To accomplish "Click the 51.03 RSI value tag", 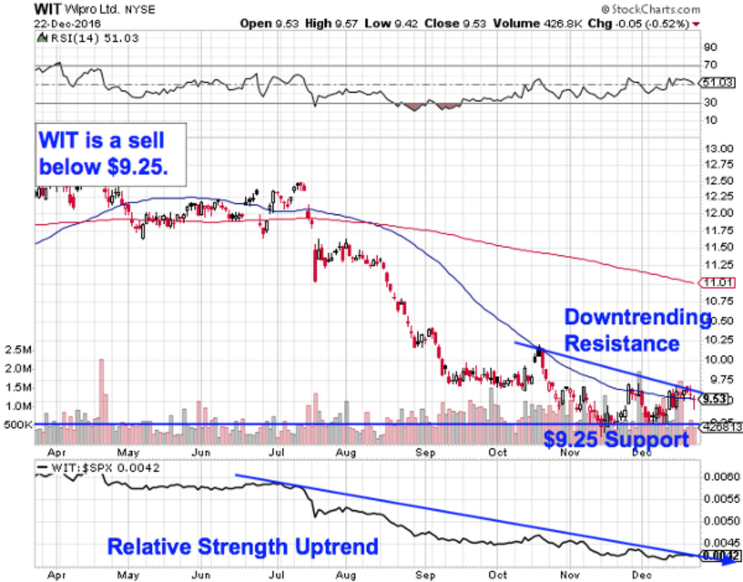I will (719, 82).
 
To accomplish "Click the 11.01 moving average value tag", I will (718, 283).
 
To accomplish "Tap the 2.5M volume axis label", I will (17, 350).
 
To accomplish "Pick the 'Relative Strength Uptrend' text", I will (243, 547).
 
